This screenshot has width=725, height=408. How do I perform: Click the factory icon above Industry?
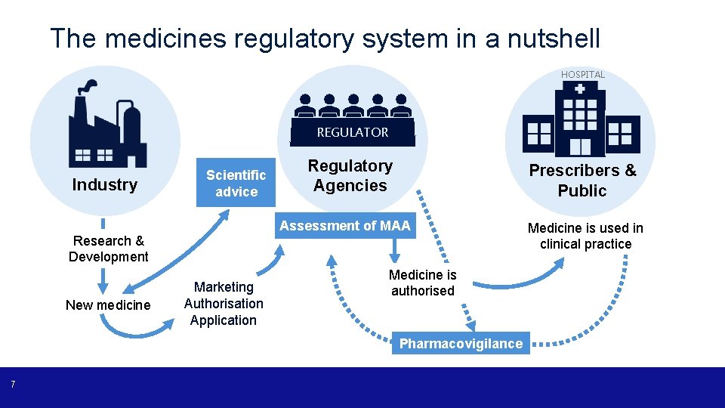click(105, 126)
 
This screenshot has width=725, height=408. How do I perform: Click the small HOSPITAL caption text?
click(582, 75)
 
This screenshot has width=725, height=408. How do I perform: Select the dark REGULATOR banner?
click(352, 133)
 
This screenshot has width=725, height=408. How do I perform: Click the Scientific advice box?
click(236, 184)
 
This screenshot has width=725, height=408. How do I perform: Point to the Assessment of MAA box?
click(345, 225)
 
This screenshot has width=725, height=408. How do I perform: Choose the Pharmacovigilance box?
click(461, 344)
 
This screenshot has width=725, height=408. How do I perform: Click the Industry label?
click(104, 185)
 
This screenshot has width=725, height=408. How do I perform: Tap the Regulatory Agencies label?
click(350, 176)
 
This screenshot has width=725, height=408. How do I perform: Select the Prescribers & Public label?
click(582, 181)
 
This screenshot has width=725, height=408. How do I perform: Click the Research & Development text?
click(108, 249)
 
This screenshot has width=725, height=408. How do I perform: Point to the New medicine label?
click(108, 305)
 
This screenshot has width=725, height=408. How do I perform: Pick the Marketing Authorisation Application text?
click(224, 304)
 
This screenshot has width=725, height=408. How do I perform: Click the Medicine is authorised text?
click(422, 283)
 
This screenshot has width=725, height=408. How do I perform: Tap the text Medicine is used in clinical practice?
click(585, 236)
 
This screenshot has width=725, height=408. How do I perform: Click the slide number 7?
click(13, 386)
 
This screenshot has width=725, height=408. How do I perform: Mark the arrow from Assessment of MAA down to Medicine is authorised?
click(393, 252)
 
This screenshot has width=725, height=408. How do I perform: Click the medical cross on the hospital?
click(579, 88)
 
